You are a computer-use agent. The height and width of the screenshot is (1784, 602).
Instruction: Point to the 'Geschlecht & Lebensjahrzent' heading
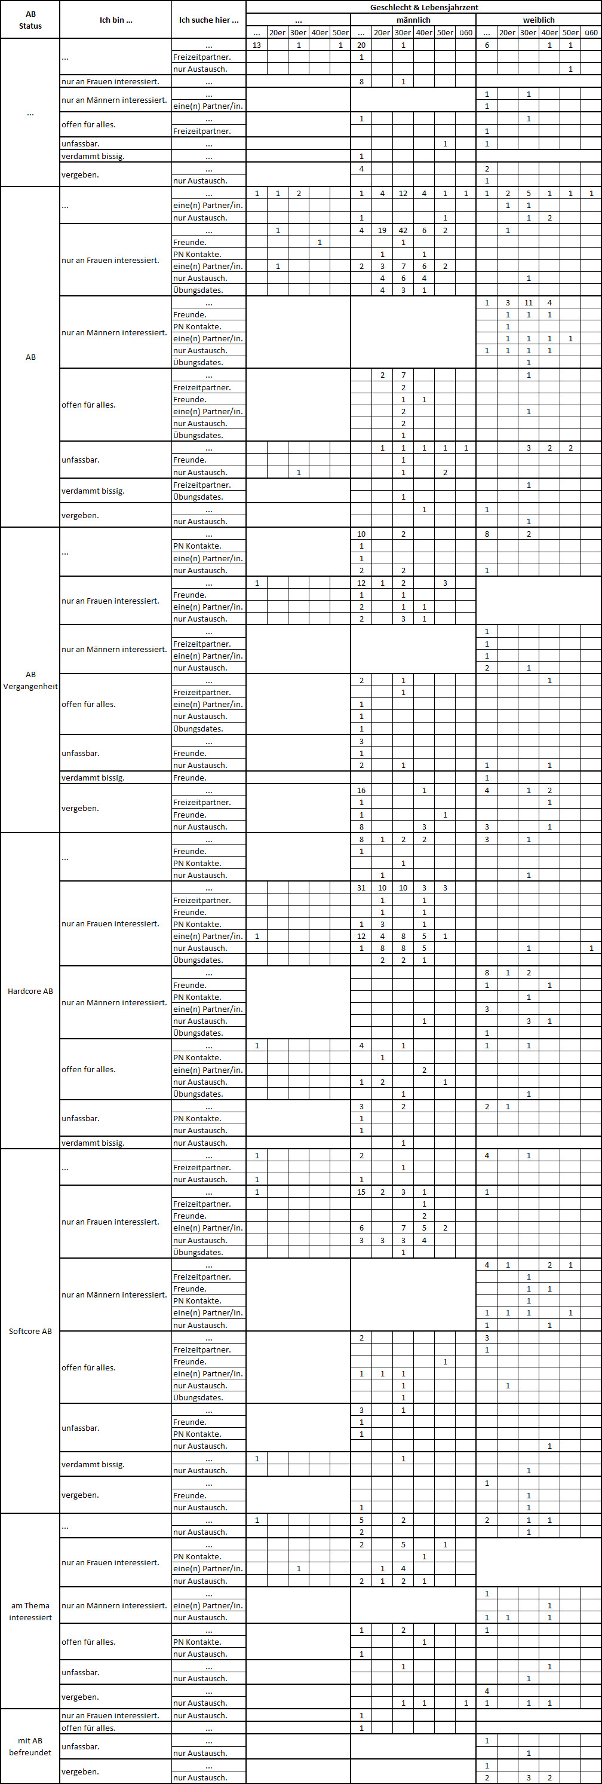click(423, 8)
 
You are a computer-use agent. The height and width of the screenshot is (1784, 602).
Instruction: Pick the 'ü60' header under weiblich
click(591, 32)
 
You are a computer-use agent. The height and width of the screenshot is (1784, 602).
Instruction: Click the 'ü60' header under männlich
click(466, 32)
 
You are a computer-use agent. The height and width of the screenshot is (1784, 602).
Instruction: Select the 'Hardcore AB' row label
click(30, 991)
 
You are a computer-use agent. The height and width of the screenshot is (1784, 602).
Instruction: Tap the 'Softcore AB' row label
click(30, 1331)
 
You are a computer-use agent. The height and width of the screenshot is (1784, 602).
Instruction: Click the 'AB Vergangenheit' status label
click(30, 680)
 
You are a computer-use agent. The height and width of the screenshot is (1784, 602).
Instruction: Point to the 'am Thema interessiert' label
click(30, 1611)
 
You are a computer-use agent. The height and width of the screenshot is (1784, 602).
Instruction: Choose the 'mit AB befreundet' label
click(30, 1746)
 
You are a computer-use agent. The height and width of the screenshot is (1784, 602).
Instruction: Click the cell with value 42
click(403, 231)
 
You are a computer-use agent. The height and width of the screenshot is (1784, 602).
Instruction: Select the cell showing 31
click(361, 888)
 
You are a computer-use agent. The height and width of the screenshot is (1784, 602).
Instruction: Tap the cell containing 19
click(382, 231)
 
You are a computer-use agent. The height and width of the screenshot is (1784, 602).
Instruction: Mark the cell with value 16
click(361, 790)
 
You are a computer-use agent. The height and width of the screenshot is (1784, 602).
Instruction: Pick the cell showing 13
click(257, 45)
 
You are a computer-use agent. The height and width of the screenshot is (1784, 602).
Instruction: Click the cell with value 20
click(361, 45)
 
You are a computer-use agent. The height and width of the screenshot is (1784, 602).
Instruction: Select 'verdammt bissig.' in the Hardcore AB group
click(93, 1143)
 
